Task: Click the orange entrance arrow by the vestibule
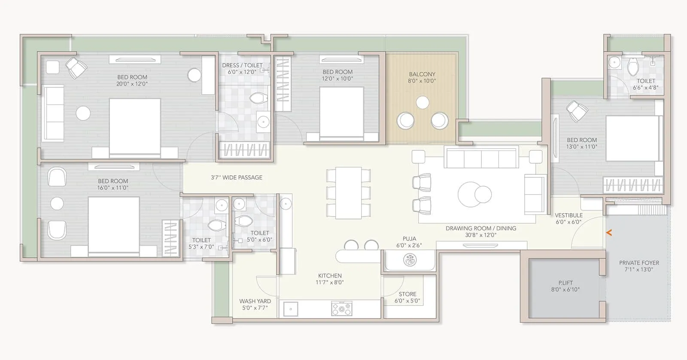[608, 233]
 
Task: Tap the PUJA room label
[409, 238]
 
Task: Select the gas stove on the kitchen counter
[341, 308]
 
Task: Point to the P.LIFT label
[565, 283]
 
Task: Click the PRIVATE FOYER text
[639, 262]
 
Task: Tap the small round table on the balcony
[423, 102]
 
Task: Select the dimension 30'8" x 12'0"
[480, 235]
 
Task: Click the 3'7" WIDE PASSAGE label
[237, 177]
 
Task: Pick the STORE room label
[407, 294]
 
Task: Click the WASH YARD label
[255, 301]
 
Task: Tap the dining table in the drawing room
[348, 193]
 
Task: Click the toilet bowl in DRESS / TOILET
[258, 99]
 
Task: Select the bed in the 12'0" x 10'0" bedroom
[342, 113]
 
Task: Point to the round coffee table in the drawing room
[474, 194]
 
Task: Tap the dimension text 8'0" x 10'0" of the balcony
[422, 81]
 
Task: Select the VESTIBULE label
[568, 215]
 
